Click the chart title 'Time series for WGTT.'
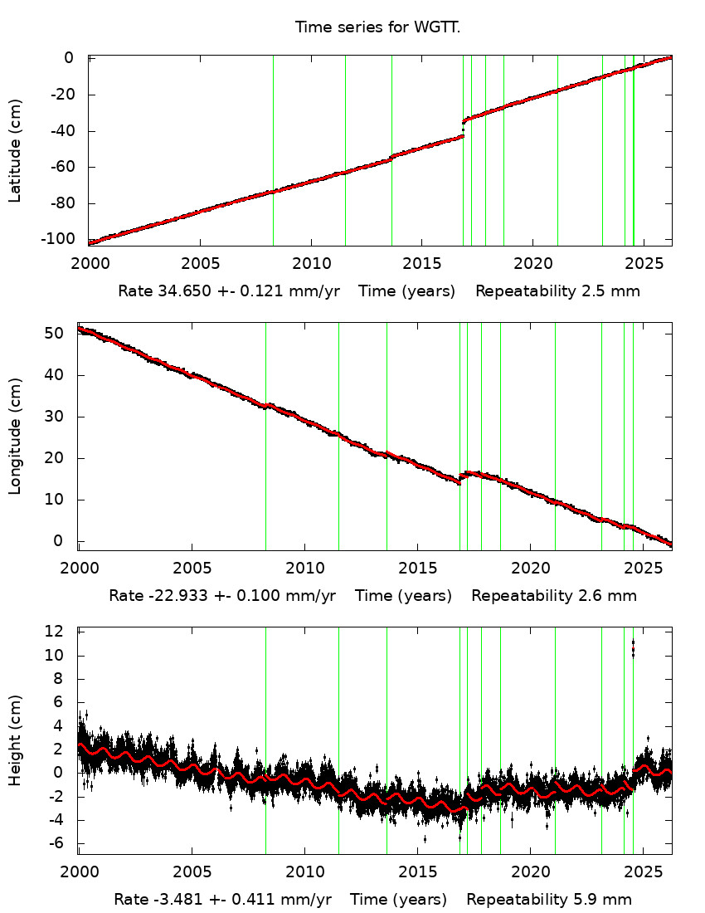377,27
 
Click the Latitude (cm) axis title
15,150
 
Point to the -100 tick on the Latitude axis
67,240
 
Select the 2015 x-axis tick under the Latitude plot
421,264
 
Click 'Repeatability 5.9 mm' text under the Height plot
549,900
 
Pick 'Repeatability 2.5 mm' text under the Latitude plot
557,291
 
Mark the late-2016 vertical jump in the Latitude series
463,128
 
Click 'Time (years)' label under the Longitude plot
403,595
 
